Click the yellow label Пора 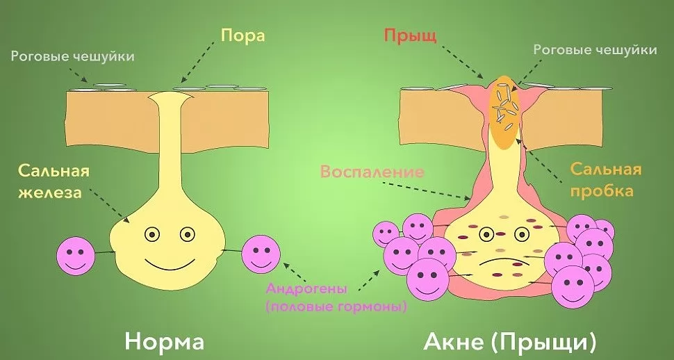[243, 35]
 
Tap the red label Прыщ [410, 36]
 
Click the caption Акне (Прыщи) [510, 342]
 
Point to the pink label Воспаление [372, 172]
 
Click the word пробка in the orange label [602, 190]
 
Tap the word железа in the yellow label [50, 192]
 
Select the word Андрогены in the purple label [306, 288]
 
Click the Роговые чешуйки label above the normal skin [73, 57]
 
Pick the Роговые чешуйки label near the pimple [595, 50]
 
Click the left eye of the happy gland [151, 234]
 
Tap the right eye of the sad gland [522, 234]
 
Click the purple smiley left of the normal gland [76, 256]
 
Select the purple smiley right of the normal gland [261, 254]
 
